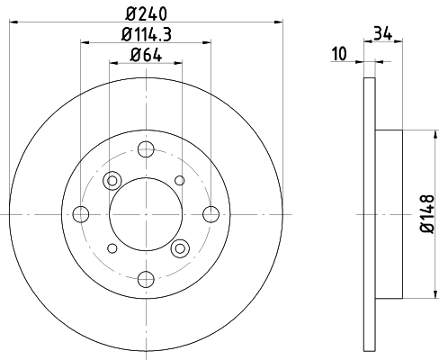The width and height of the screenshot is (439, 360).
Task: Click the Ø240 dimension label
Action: coord(146,13)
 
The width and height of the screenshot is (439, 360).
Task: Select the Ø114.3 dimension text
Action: coord(147,34)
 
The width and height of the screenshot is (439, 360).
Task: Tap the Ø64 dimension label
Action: coord(146,55)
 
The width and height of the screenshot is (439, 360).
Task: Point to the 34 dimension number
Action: coord(382,33)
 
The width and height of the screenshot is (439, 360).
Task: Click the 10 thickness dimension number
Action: coord(339,54)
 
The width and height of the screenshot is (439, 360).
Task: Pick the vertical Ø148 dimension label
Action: coord(427,213)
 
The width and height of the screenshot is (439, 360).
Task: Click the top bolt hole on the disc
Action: coord(146,149)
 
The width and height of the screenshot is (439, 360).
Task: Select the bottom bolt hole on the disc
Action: coord(146,279)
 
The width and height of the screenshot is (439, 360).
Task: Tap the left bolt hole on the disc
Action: coord(81,214)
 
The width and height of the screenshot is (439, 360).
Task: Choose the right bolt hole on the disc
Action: coord(211,214)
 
